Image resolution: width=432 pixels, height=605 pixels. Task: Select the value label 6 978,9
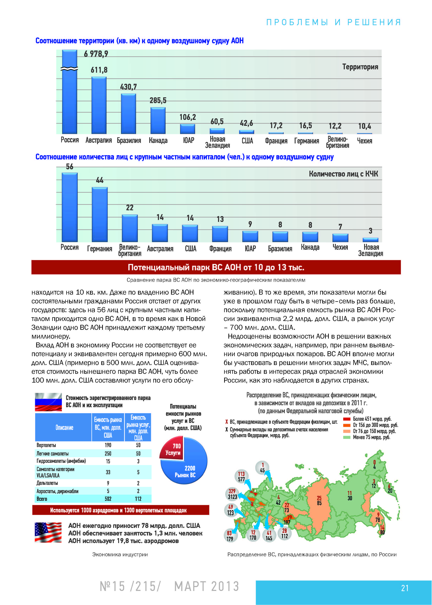(96, 54)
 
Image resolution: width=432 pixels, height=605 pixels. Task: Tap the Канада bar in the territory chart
(158, 120)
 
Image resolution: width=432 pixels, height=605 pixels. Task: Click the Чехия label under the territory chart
(364, 141)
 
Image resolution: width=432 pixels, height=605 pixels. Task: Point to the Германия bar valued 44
(100, 215)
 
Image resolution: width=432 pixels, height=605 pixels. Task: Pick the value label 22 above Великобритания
(130, 208)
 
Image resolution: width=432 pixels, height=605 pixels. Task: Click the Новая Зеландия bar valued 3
(370, 240)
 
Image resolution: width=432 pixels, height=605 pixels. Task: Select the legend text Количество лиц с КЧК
(343, 174)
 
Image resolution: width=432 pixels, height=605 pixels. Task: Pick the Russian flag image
(48, 402)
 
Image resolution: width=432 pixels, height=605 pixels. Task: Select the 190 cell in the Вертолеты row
(108, 445)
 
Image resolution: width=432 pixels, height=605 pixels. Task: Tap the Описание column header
(64, 427)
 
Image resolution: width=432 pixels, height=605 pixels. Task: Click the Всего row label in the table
(42, 499)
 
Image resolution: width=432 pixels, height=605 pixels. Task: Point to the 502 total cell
(108, 499)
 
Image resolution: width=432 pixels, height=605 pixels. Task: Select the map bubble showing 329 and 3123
(232, 494)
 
